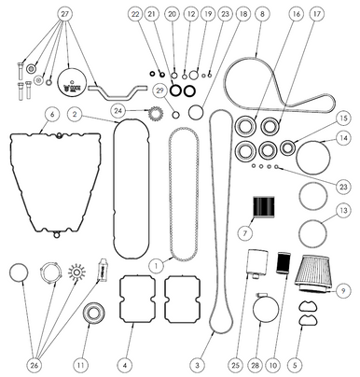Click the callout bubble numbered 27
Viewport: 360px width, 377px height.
tap(64, 14)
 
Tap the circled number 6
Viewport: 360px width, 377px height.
tap(52, 114)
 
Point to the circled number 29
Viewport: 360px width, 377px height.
tap(160, 90)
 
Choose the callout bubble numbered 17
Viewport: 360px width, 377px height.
tap(318, 14)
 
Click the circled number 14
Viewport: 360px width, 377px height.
tap(344, 138)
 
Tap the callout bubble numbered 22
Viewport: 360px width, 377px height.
tap(136, 14)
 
